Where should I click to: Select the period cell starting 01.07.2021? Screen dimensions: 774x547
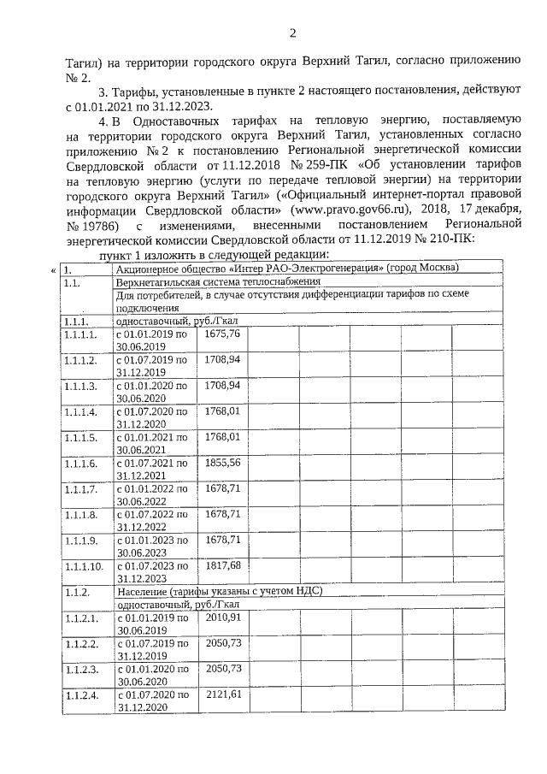tap(152, 469)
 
